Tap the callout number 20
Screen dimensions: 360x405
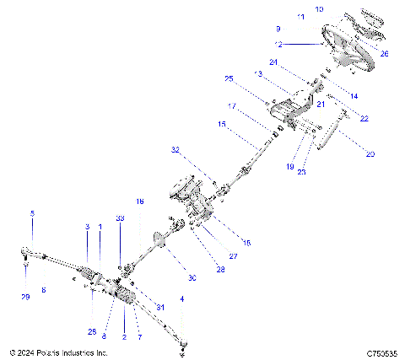(x=370, y=154)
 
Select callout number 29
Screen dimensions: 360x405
(x=25, y=298)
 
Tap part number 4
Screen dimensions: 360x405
(x=182, y=298)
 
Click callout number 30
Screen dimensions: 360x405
(x=192, y=278)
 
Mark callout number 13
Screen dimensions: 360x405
(x=258, y=74)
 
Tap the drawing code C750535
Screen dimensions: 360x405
(x=381, y=353)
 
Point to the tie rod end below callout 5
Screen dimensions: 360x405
(x=26, y=250)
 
